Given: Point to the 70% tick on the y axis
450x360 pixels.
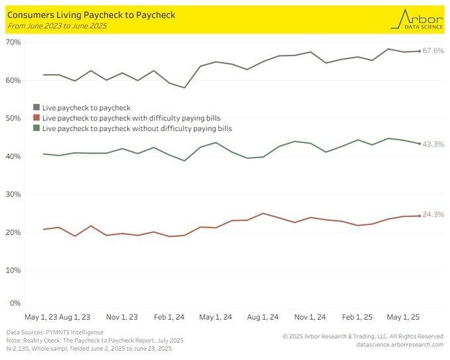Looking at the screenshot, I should [13, 42].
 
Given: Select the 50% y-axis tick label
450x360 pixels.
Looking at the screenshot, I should [13, 118].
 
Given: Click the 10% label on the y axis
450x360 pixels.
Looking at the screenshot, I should [13, 271].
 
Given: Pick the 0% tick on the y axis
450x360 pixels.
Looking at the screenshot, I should [15, 303].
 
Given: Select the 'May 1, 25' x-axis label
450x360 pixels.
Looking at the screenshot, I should [403, 317].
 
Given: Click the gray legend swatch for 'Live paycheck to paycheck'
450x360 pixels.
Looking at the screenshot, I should [36, 107].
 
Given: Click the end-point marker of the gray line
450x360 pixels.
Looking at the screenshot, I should [419, 51].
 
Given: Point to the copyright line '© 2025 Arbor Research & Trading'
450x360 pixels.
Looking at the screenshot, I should [363, 336].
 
